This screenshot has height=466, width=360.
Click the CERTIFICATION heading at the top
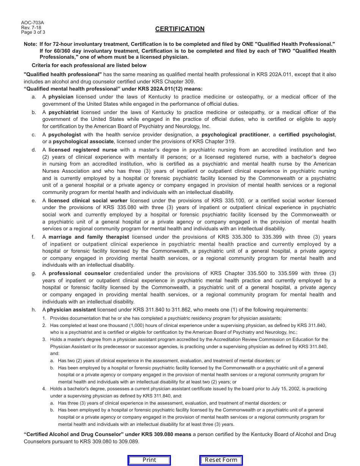pyautogui.click(x=180, y=29)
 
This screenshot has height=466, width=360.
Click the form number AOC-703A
pyautogui.click(x=32, y=23)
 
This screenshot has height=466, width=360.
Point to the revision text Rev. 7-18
pyautogui.click(x=31, y=28)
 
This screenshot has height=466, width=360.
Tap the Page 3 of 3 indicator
pyautogui.click(x=33, y=32)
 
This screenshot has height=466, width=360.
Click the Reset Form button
pyautogui.click(x=221, y=460)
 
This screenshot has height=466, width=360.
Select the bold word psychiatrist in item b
pyautogui.click(x=63, y=113)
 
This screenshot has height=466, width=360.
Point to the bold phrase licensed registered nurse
pyautogui.click(x=83, y=150)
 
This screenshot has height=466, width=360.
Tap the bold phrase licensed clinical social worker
pyautogui.click(x=88, y=201)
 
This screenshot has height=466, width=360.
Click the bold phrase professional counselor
pyautogui.click(x=80, y=274)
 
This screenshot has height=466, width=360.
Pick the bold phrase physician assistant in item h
pyautogui.click(x=71, y=310)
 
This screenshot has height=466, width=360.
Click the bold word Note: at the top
pyautogui.click(x=30, y=44)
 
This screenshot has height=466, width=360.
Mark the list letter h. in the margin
pyautogui.click(x=34, y=310)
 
